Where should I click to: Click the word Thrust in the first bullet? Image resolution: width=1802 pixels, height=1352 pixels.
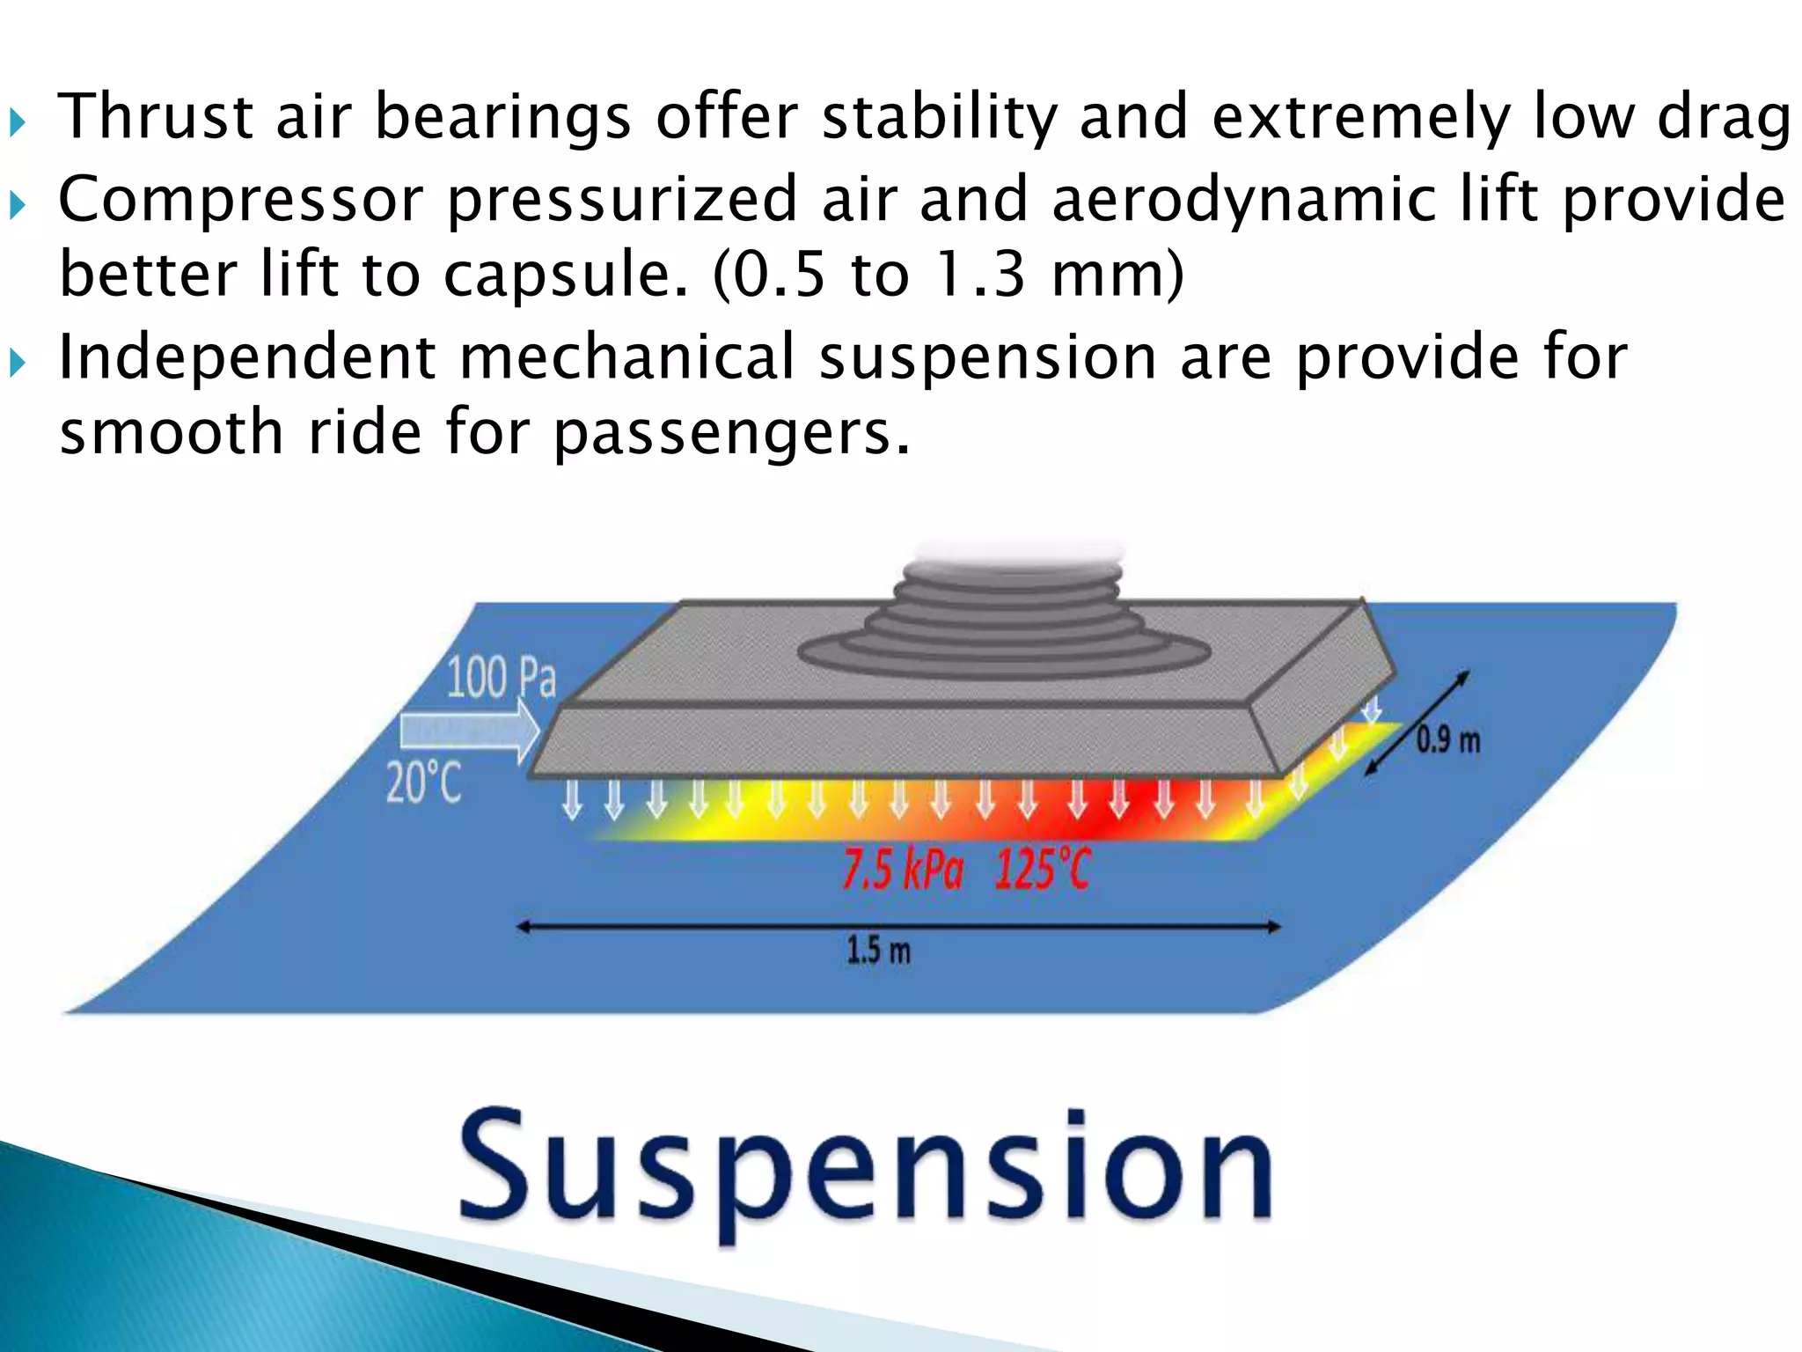(x=156, y=116)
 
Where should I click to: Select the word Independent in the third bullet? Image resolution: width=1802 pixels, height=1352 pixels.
(x=246, y=357)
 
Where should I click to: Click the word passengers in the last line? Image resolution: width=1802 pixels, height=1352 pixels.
(x=730, y=433)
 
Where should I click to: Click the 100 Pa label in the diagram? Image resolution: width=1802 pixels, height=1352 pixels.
(x=502, y=678)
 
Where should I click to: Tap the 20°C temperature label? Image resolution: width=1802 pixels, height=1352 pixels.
(x=423, y=782)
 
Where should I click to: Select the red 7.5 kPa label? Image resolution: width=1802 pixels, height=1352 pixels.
(x=903, y=871)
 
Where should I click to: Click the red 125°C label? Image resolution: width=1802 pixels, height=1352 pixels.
(x=1043, y=871)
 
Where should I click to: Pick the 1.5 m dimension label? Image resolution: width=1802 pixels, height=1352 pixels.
(x=878, y=951)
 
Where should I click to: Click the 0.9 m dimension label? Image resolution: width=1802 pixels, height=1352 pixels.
(x=1448, y=740)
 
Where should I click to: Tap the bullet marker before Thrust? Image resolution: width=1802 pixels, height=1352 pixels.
(x=18, y=121)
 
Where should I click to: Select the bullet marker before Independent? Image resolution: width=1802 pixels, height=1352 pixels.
(x=18, y=362)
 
